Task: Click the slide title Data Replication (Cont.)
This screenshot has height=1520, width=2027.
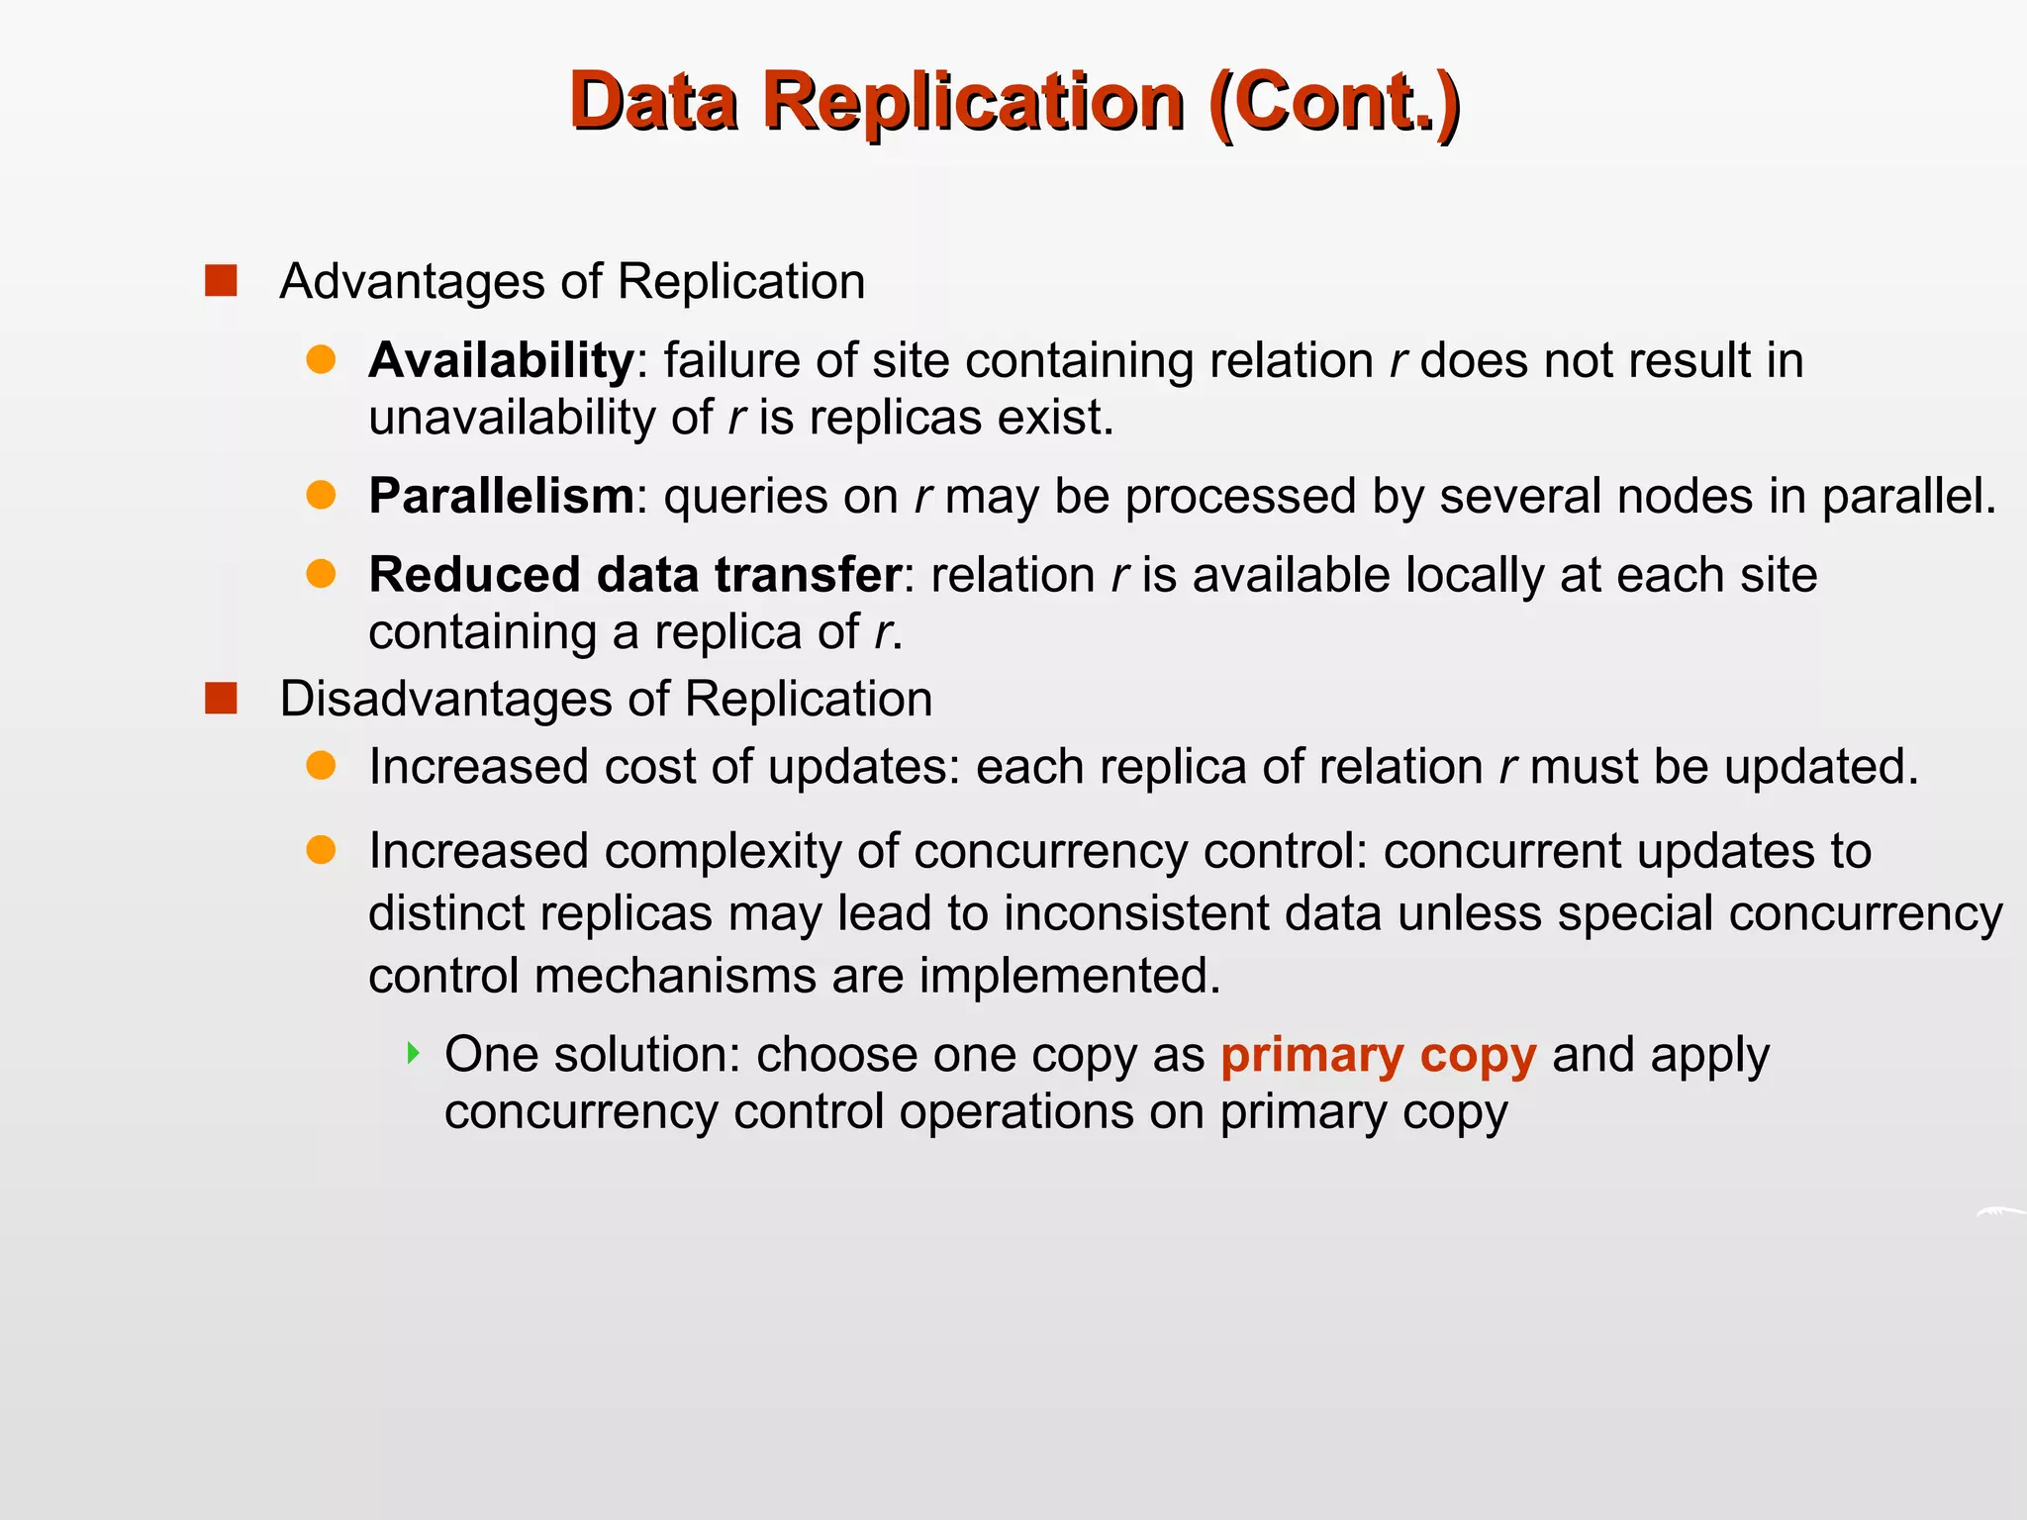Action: pos(1013,102)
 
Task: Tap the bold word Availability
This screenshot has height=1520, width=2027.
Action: pos(501,360)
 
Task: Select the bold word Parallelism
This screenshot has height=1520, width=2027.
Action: pos(501,496)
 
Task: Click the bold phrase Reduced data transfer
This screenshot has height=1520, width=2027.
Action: pos(634,575)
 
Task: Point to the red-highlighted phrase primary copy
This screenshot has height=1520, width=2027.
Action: pos(1378,1055)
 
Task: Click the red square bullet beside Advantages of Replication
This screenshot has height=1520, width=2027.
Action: pos(221,281)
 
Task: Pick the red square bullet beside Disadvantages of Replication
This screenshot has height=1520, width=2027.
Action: pos(221,699)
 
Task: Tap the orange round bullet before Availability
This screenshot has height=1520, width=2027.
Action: pos(321,359)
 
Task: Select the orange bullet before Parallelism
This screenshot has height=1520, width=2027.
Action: pos(321,495)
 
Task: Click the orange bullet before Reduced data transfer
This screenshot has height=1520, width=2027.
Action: pos(321,574)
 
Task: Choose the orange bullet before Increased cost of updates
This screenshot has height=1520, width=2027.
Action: pos(321,765)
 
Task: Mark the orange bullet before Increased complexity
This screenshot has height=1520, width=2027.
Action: pos(321,850)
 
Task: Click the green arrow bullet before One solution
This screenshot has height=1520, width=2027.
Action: pos(414,1053)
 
